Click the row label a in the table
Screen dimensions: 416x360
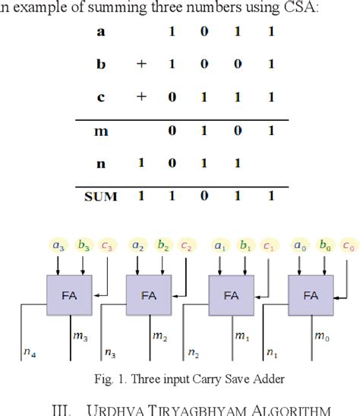pos(102,33)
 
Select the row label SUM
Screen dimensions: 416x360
pos(101,197)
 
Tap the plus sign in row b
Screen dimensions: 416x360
pos(141,65)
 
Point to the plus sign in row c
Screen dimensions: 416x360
pos(141,99)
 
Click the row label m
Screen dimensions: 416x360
pos(101,131)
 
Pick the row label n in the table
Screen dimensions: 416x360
pos(102,164)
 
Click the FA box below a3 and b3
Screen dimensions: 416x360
pos(68,296)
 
